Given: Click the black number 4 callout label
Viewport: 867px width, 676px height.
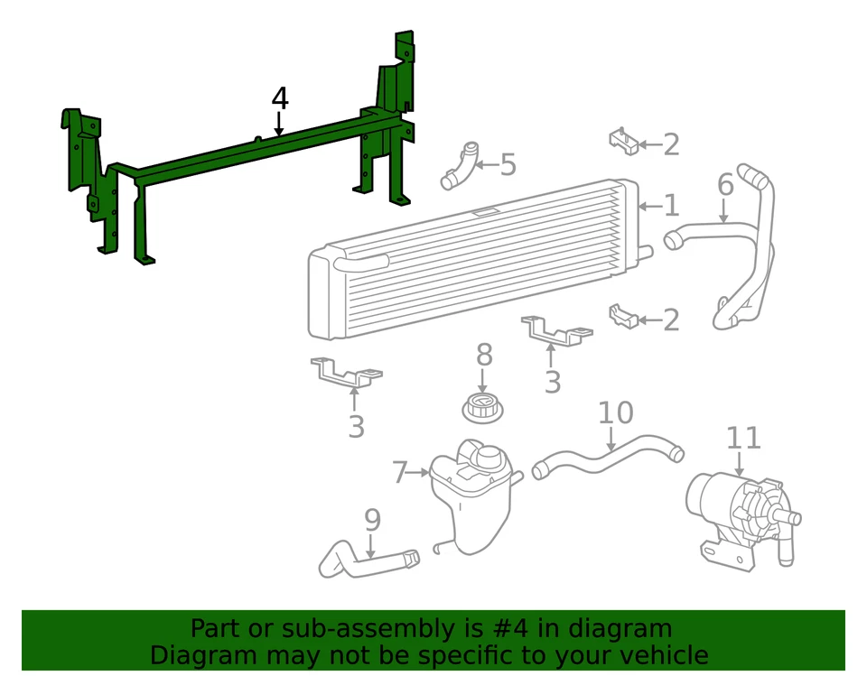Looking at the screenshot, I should click(x=279, y=99).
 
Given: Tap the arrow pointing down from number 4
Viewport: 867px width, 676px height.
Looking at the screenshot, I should click(x=279, y=125).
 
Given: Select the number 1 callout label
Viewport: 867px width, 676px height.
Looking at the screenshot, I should click(x=671, y=206).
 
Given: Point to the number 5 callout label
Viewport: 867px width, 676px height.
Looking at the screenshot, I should click(x=508, y=164).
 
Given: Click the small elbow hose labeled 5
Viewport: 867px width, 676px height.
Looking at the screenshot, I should click(x=460, y=166).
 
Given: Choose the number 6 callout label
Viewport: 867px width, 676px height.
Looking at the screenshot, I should click(x=725, y=185).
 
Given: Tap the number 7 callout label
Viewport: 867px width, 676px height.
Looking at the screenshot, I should click(x=400, y=472).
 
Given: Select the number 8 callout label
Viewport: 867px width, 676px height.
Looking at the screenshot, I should click(x=484, y=355).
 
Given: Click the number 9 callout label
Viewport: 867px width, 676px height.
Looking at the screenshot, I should click(x=372, y=520).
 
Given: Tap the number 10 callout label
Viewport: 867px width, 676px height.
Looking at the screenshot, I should click(x=616, y=413).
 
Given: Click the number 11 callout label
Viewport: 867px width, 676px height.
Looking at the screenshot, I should click(x=744, y=438).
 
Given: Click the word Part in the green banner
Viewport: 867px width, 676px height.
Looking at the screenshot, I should click(x=218, y=629).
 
